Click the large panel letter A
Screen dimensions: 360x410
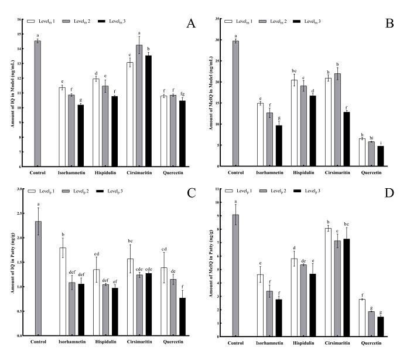click(190, 24)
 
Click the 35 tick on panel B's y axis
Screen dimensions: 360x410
click(223, 19)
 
